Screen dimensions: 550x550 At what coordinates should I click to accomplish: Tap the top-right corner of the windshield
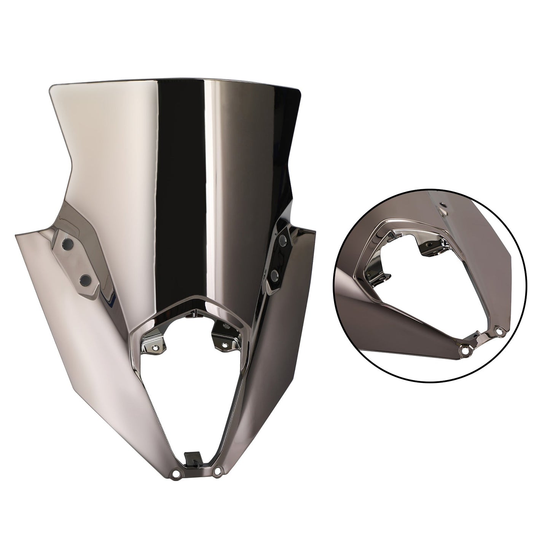301,91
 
